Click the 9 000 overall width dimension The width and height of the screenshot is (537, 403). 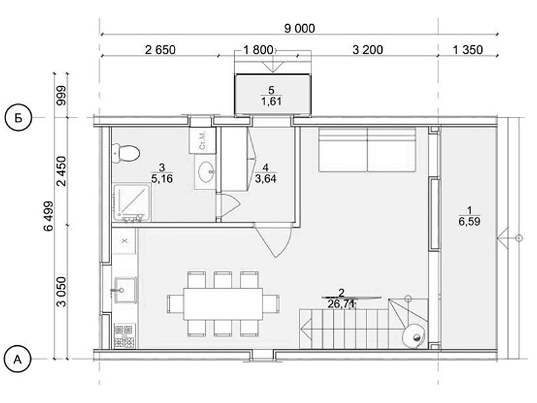(299, 28)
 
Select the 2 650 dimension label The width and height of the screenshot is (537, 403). (160, 50)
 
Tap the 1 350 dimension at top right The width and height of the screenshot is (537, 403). (467, 50)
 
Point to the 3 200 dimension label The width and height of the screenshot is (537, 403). (367, 50)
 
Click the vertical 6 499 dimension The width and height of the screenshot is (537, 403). (48, 216)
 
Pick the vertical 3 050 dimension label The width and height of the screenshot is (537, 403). (62, 292)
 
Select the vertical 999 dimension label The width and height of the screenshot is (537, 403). (62, 95)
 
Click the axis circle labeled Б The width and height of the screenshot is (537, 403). (18, 118)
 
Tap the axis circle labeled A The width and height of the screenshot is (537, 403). (18, 359)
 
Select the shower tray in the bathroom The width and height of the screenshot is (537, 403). (132, 203)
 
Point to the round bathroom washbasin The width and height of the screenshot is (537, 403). (205, 172)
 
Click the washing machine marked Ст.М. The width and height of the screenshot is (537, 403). (202, 140)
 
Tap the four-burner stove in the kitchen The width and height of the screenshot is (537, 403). (124, 336)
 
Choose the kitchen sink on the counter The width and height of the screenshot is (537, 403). (126, 290)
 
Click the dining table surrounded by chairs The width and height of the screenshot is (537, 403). (223, 304)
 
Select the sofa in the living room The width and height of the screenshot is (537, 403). (367, 150)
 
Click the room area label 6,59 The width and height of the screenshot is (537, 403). (469, 222)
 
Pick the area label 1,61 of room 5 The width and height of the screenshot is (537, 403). (272, 101)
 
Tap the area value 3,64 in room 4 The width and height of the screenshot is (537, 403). (265, 179)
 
